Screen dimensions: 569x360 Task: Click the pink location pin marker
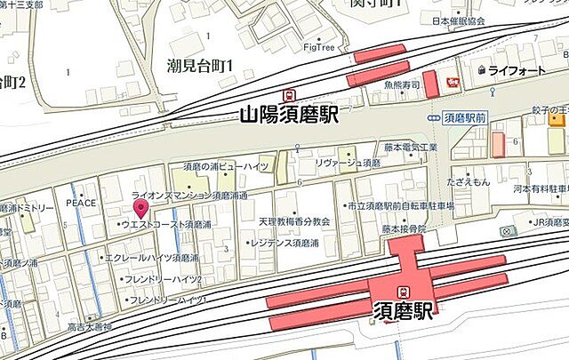pyautogui.click(x=140, y=209)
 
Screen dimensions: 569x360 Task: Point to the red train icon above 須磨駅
pyautogui.click(x=404, y=291)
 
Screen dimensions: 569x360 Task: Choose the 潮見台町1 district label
pyautogui.click(x=199, y=66)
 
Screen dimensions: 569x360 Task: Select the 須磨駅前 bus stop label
pyautogui.click(x=462, y=116)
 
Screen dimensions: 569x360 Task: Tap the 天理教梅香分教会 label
pyautogui.click(x=294, y=220)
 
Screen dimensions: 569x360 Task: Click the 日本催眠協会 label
pyautogui.click(x=458, y=20)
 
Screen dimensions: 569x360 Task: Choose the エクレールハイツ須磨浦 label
pyautogui.click(x=152, y=258)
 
